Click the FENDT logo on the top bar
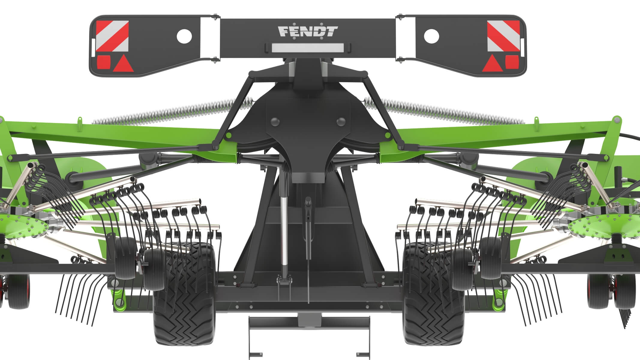click(308, 31)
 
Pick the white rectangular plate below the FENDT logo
click(308, 47)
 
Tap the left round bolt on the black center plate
click(274, 121)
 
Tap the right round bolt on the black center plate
click(341, 121)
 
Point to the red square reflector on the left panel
click(103, 62)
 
